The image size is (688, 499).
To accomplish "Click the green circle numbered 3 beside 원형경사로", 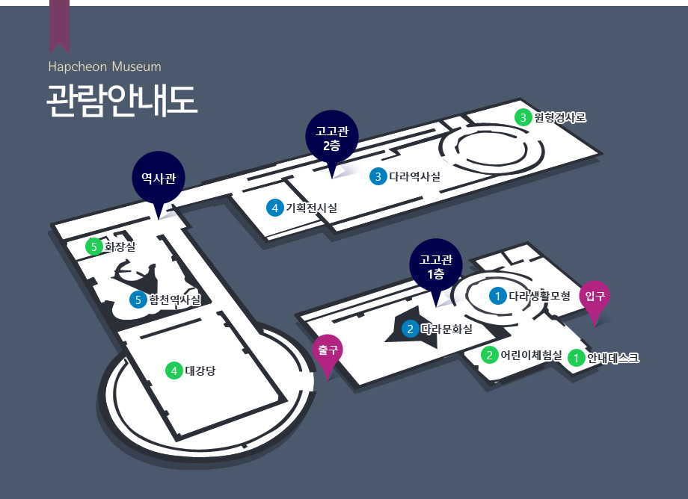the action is click(523, 117).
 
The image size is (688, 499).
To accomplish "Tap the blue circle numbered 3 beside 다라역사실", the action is click(378, 176).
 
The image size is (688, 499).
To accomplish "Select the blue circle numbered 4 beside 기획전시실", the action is click(275, 208).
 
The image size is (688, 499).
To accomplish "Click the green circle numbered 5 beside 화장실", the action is click(94, 247).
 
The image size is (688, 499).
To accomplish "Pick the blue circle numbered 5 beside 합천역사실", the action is click(138, 300).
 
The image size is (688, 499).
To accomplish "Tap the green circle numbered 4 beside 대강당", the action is click(174, 371).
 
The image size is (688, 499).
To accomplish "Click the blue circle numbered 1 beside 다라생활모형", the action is click(497, 296).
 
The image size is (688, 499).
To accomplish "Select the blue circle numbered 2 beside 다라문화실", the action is click(411, 329).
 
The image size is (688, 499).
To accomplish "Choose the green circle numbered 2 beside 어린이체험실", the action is click(489, 355).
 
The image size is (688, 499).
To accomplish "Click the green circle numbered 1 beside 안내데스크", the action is click(576, 358).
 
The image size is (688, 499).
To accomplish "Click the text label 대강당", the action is click(200, 371).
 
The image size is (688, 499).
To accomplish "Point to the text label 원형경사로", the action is click(560, 117).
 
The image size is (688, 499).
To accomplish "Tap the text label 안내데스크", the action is click(613, 358).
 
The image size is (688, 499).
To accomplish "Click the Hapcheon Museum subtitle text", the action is click(105, 66).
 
